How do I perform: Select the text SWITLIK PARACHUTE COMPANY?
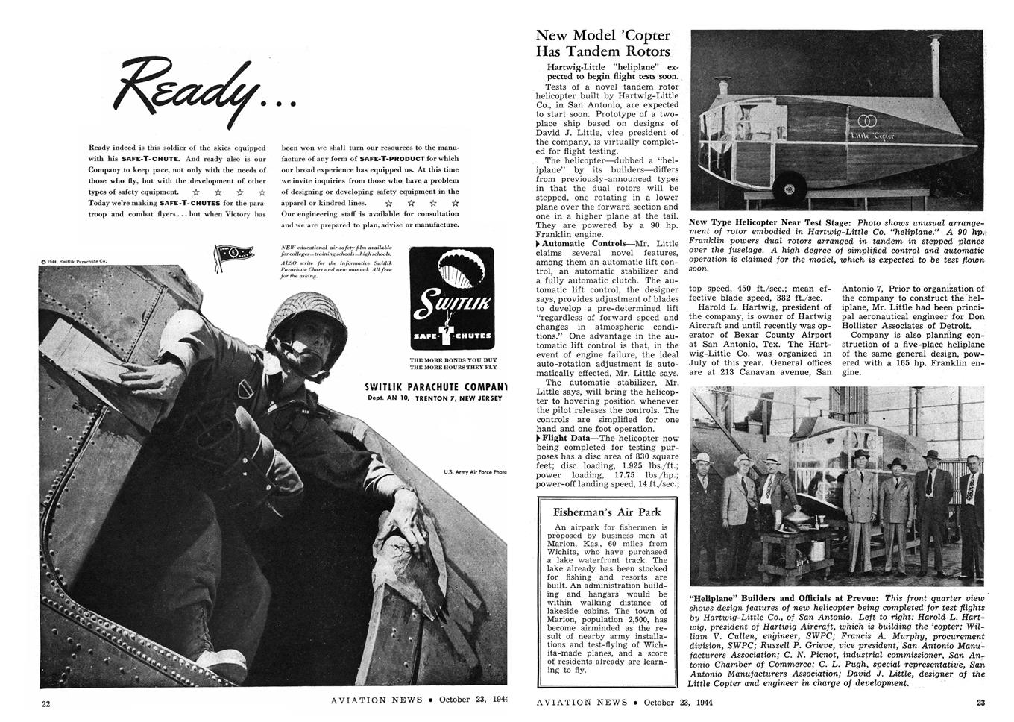[x=435, y=386]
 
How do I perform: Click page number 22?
[x=46, y=703]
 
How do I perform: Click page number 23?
[x=980, y=701]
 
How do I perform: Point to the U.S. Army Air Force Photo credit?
[x=475, y=471]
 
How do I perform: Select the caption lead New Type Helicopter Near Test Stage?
[x=772, y=222]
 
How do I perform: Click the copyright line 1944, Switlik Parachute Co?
[x=75, y=261]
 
